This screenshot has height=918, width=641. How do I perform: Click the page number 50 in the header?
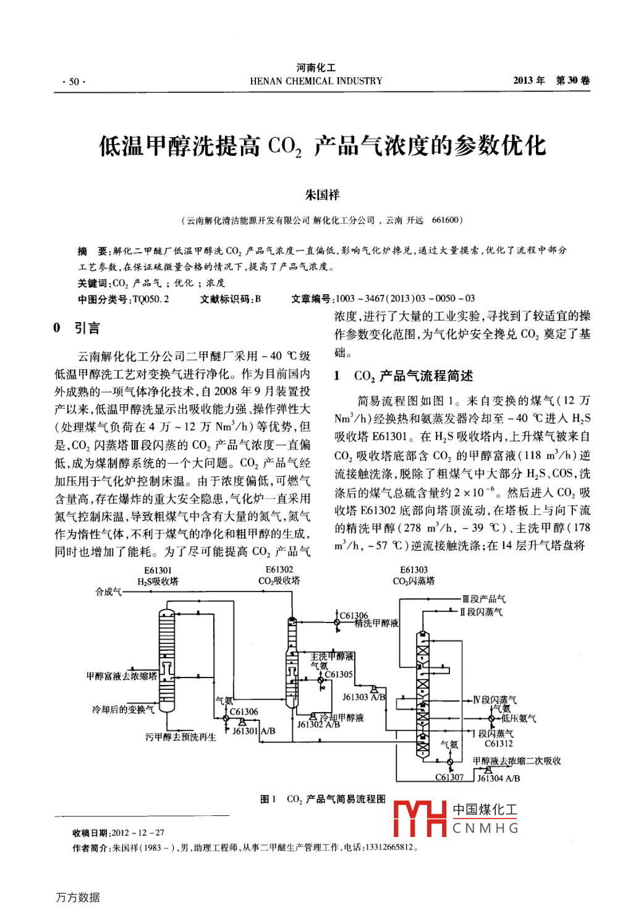[x=74, y=82]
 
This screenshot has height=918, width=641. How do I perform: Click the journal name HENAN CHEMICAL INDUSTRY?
[x=316, y=81]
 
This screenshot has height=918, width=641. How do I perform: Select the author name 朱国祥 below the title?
[x=322, y=195]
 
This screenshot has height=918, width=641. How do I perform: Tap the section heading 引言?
[x=87, y=328]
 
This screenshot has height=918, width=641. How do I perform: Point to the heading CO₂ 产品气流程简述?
[x=413, y=376]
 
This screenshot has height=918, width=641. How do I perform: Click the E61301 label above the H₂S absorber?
[x=158, y=570]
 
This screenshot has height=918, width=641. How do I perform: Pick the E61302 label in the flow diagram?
[x=279, y=569]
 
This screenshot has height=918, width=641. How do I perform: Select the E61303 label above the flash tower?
[x=414, y=570]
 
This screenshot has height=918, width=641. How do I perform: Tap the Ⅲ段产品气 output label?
[x=484, y=598]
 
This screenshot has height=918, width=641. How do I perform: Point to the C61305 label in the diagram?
[x=339, y=674]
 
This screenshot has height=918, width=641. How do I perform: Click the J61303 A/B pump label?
[x=364, y=697]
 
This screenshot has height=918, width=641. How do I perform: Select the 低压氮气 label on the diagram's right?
[x=519, y=718]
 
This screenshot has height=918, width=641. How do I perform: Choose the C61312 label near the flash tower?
[x=498, y=744]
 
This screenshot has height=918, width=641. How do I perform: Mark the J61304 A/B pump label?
[x=498, y=778]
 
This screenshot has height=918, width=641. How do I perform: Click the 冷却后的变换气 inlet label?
[x=123, y=709]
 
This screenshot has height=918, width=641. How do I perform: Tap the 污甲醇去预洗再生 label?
[x=180, y=737]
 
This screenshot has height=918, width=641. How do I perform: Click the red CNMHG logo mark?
[x=420, y=818]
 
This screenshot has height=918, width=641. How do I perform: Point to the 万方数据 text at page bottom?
[x=78, y=897]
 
